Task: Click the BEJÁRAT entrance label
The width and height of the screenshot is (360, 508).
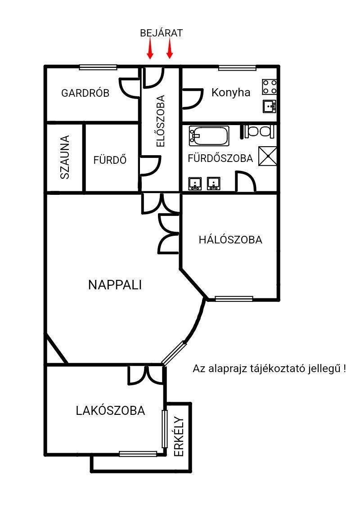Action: click(x=162, y=33)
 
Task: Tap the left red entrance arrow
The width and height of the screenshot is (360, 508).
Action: click(x=150, y=48)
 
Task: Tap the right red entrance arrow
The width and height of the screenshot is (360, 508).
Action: click(x=170, y=48)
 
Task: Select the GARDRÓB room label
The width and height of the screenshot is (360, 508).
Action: click(x=85, y=93)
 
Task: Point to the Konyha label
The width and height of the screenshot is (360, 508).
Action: click(x=231, y=92)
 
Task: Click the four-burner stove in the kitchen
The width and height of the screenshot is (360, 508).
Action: click(x=270, y=87)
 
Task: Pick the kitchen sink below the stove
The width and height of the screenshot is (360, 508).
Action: click(x=270, y=106)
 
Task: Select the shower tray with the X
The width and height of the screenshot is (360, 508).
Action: click(x=268, y=156)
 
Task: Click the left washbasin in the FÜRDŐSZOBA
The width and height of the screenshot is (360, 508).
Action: click(x=195, y=184)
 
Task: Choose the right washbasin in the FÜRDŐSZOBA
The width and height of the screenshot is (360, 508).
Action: click(x=214, y=184)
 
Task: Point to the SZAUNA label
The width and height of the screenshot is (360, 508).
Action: click(x=65, y=157)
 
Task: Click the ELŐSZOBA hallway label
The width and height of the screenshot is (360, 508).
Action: click(x=160, y=121)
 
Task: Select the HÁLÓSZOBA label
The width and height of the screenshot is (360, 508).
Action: click(x=230, y=240)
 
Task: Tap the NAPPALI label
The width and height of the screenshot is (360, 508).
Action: click(x=115, y=285)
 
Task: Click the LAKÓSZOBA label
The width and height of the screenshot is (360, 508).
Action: click(x=111, y=410)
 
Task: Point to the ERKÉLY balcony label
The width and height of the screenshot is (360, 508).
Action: click(x=179, y=436)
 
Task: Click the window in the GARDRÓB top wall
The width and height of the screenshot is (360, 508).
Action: click(x=98, y=67)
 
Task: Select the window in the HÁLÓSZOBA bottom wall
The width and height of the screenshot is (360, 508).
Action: click(x=234, y=298)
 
